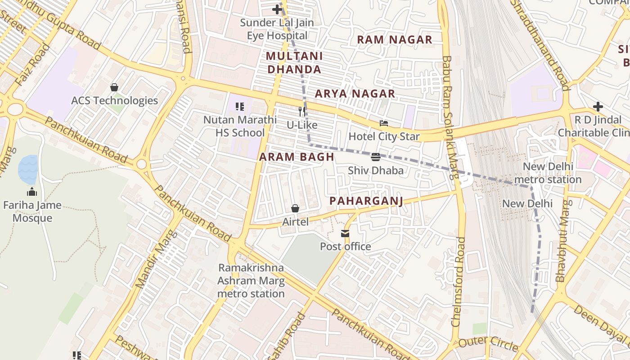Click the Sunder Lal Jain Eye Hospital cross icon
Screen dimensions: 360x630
(277, 9)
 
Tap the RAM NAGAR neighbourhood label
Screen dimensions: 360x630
(395, 40)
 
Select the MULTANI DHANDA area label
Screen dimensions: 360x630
(294, 63)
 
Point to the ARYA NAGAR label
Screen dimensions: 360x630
(355, 94)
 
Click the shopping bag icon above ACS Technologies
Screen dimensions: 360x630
(114, 87)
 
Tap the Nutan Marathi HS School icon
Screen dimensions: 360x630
(240, 107)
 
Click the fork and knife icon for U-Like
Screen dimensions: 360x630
(302, 112)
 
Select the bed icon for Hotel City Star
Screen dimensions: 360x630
(384, 123)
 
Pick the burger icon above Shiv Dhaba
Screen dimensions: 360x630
(376, 157)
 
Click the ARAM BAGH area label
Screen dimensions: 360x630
(297, 157)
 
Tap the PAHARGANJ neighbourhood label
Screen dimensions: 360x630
(366, 201)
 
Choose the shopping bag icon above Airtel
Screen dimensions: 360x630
(295, 208)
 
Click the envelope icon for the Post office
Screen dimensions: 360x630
(345, 234)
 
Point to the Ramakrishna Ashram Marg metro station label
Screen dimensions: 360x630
(251, 281)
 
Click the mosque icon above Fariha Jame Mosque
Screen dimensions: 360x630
(32, 192)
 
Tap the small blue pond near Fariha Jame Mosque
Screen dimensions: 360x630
(28, 169)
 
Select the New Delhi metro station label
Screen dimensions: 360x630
(548, 173)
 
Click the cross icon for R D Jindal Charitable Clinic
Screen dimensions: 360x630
(598, 107)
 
